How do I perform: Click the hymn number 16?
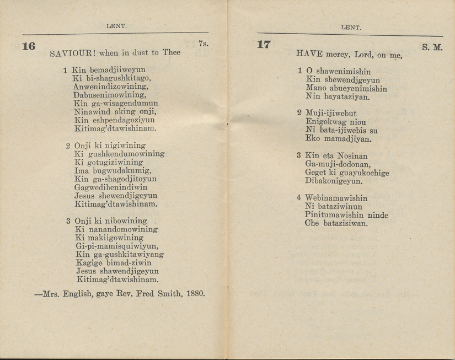click(x=28, y=46)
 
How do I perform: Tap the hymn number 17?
click(x=264, y=45)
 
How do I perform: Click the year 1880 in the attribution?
click(x=195, y=294)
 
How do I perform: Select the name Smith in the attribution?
click(x=168, y=294)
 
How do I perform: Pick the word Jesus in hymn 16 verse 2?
click(x=85, y=196)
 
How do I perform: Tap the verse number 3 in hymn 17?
click(x=298, y=156)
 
